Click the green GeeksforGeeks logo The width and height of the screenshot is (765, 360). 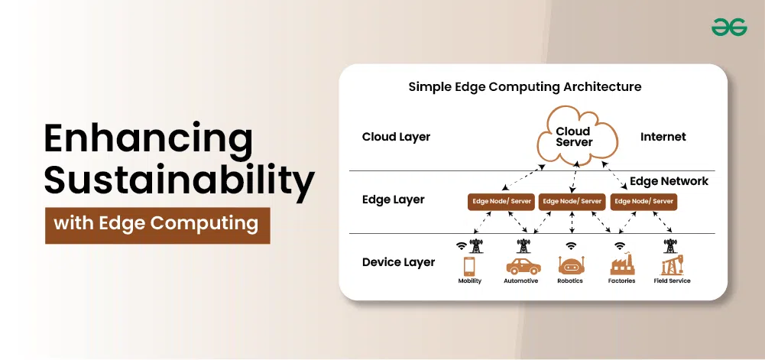pos(729,28)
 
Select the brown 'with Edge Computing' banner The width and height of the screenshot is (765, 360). pos(157,225)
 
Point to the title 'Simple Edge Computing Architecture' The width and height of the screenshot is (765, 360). pos(525,87)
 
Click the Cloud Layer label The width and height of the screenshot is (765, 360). pos(396,137)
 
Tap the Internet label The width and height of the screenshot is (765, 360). pos(663,137)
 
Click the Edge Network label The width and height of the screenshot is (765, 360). pos(669,181)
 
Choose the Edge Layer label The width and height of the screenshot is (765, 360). pos(394,199)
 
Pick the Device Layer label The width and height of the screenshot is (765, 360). pos(398,262)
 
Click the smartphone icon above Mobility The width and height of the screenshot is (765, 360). pos(469,266)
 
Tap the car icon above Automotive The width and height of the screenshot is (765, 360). pos(523,266)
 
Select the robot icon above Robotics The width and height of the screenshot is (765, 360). pos(571,265)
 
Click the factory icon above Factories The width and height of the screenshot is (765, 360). pos(622,264)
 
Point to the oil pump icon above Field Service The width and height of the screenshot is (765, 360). pos(672,265)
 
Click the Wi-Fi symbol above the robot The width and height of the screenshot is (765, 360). pos(571,246)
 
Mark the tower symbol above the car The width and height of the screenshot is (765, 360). pos(524,246)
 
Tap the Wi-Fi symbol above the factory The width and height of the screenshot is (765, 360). pos(620,246)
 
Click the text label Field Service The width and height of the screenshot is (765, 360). pos(672,281)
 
